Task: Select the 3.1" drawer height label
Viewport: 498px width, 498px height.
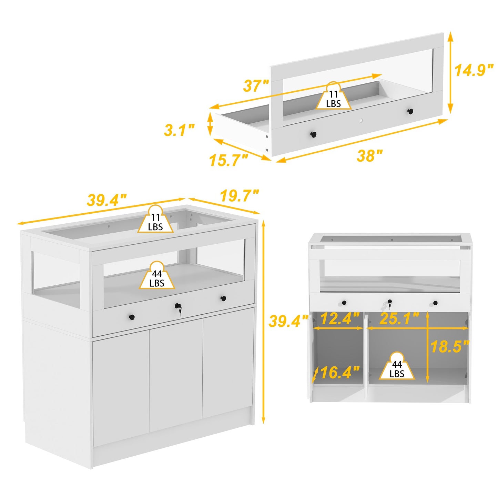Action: point(179,130)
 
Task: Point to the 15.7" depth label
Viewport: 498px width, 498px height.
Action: point(229,160)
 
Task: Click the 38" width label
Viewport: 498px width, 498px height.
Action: point(369,155)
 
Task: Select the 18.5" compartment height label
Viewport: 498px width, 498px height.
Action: point(450,346)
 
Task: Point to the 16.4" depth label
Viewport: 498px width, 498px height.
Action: point(340,373)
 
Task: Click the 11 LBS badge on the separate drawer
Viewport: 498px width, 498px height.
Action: point(333,96)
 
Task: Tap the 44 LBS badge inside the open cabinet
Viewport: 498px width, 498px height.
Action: point(397,366)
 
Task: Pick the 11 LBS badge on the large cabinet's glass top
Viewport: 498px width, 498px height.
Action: point(155,219)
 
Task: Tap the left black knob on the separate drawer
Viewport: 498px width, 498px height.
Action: point(313,135)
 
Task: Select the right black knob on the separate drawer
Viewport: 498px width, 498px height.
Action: point(410,111)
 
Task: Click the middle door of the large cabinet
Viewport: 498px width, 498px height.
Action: point(176,375)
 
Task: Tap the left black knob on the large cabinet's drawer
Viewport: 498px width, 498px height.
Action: point(132,317)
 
